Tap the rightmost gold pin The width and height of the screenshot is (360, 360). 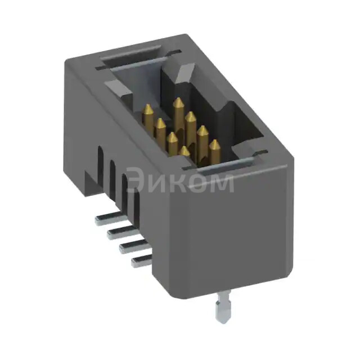(214, 151)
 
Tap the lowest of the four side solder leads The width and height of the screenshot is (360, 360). (141, 260)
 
